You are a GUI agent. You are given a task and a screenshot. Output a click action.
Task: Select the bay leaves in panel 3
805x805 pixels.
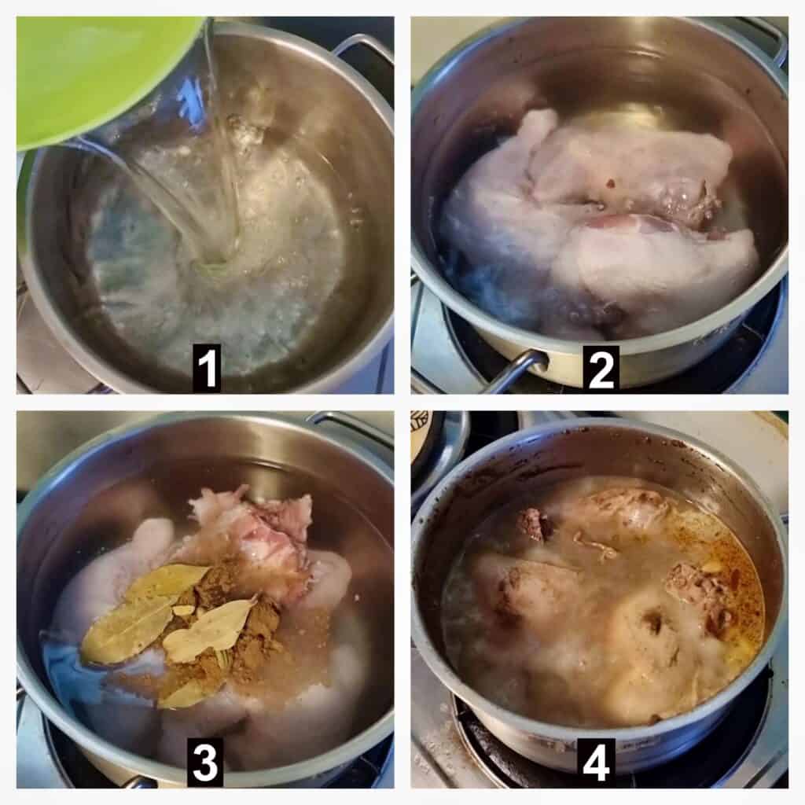point(170,616)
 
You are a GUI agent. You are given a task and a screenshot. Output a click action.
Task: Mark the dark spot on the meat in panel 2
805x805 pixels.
point(609,182)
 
